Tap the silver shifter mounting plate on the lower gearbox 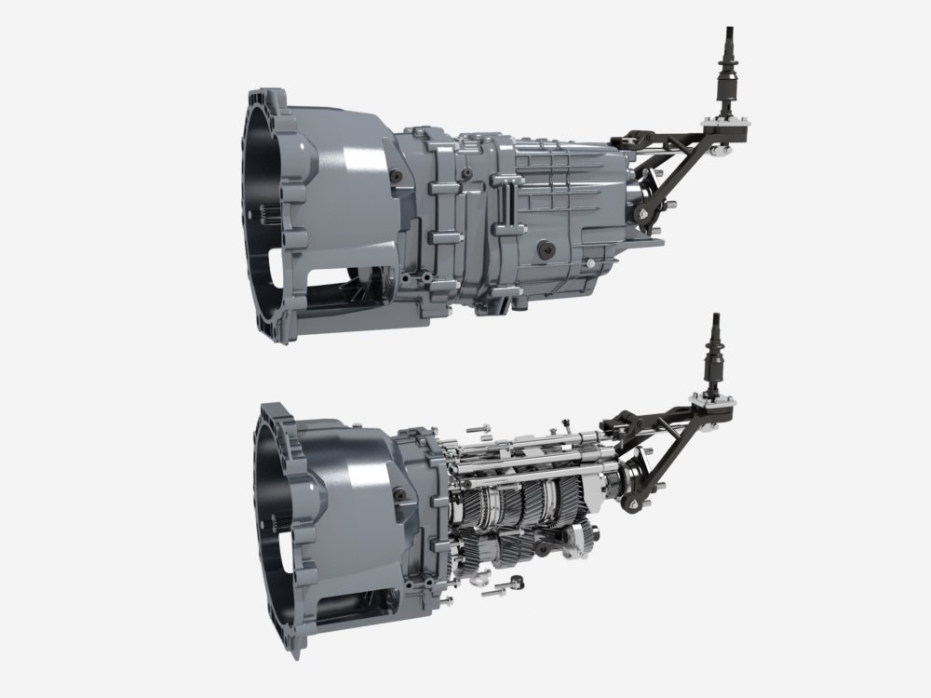pos(716,399)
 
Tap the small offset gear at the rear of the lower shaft pos(585,538)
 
